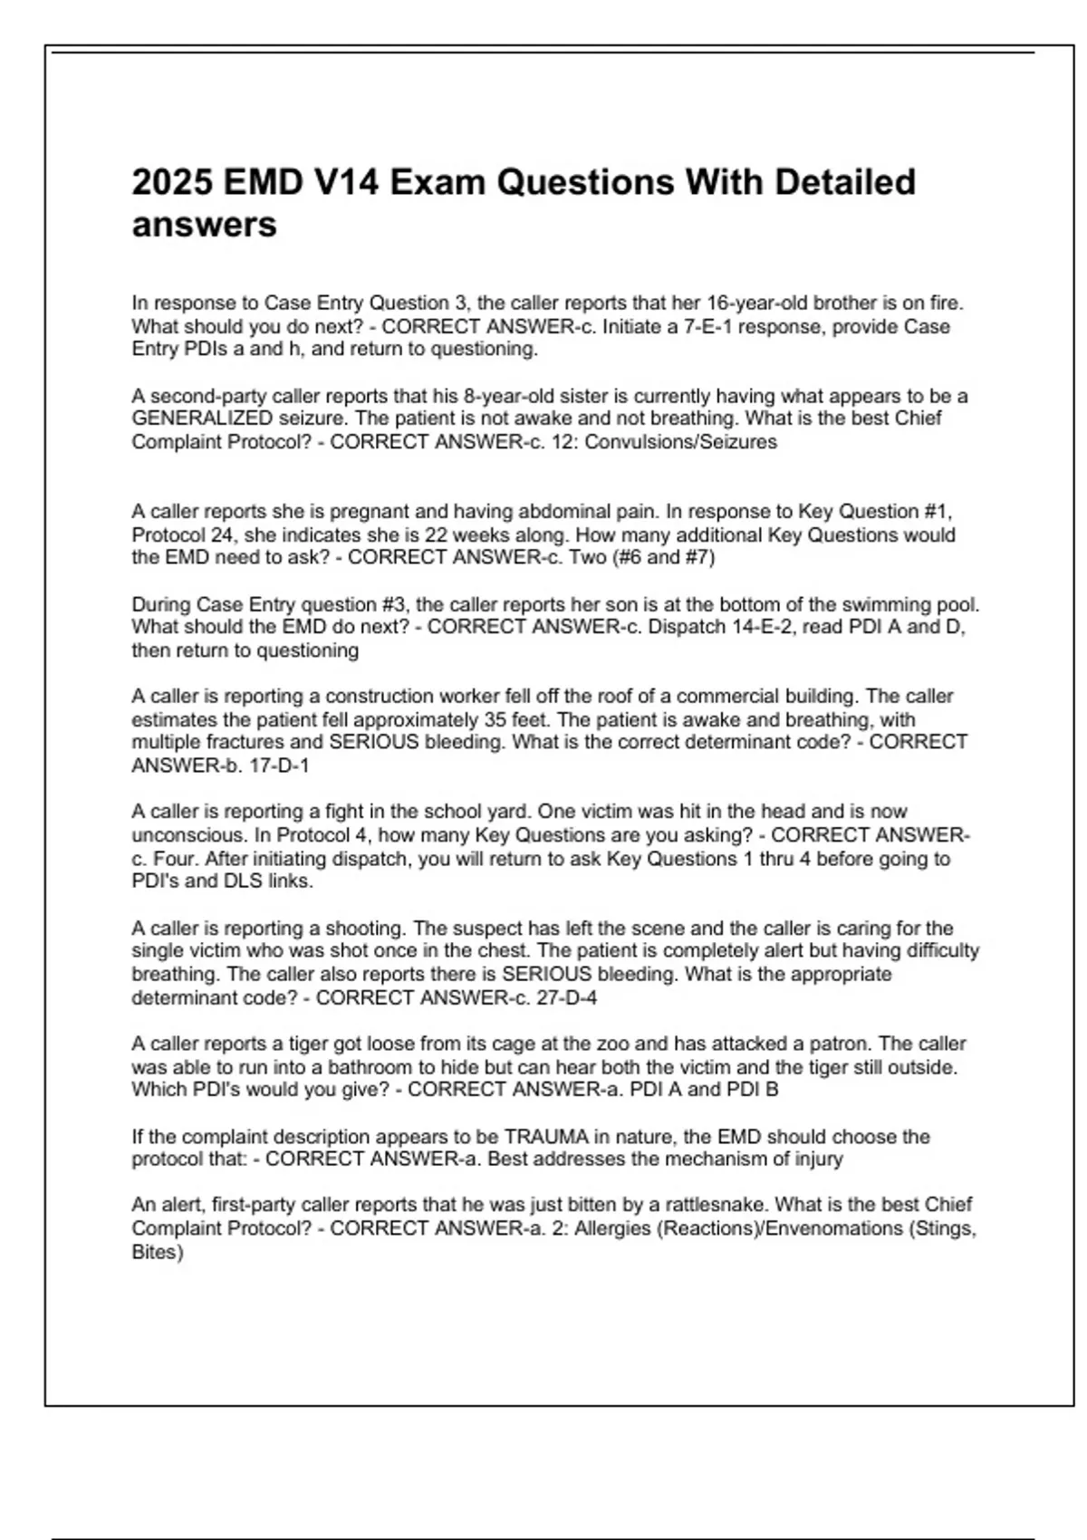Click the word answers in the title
click(x=204, y=225)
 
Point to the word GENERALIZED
click(x=202, y=419)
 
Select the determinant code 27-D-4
click(x=567, y=998)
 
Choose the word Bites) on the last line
click(x=158, y=1252)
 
